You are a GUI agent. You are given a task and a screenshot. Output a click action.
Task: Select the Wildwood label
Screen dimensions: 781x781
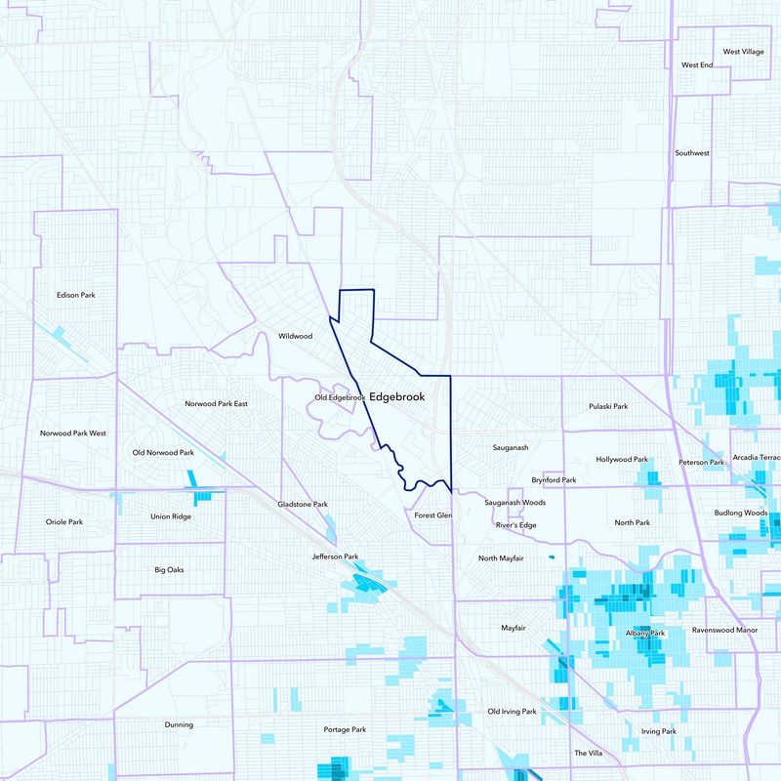pos(295,336)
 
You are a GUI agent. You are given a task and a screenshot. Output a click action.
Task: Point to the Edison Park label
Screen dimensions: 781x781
pos(75,295)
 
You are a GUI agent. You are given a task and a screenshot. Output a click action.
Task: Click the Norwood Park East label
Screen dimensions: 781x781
pos(217,403)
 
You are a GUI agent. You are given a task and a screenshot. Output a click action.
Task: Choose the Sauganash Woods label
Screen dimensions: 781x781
pos(514,503)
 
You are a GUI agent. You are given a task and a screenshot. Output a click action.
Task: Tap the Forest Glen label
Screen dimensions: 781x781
pos(432,514)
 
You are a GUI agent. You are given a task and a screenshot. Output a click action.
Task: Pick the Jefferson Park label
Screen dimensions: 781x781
pos(335,556)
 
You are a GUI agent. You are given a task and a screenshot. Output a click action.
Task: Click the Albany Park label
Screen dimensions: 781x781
pos(644,634)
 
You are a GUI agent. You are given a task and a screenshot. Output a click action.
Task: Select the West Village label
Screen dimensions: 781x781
pos(744,52)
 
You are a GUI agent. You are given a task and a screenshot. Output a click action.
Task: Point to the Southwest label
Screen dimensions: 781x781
pos(692,153)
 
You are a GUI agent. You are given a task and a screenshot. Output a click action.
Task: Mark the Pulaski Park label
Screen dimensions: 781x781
pos(608,405)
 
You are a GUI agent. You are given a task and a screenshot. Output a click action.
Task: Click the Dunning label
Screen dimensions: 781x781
pos(179,724)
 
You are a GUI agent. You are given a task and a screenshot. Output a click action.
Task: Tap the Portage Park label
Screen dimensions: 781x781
pos(345,729)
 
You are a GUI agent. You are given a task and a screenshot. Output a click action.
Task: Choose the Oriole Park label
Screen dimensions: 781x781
pos(64,522)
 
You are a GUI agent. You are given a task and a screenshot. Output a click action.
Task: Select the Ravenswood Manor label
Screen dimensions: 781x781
pos(724,631)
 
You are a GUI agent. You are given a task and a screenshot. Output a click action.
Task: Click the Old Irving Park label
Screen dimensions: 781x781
pos(512,712)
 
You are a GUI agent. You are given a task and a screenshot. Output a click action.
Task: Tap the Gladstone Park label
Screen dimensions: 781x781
pos(303,504)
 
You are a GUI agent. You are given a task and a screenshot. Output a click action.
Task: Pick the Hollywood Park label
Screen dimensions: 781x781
pos(622,459)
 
